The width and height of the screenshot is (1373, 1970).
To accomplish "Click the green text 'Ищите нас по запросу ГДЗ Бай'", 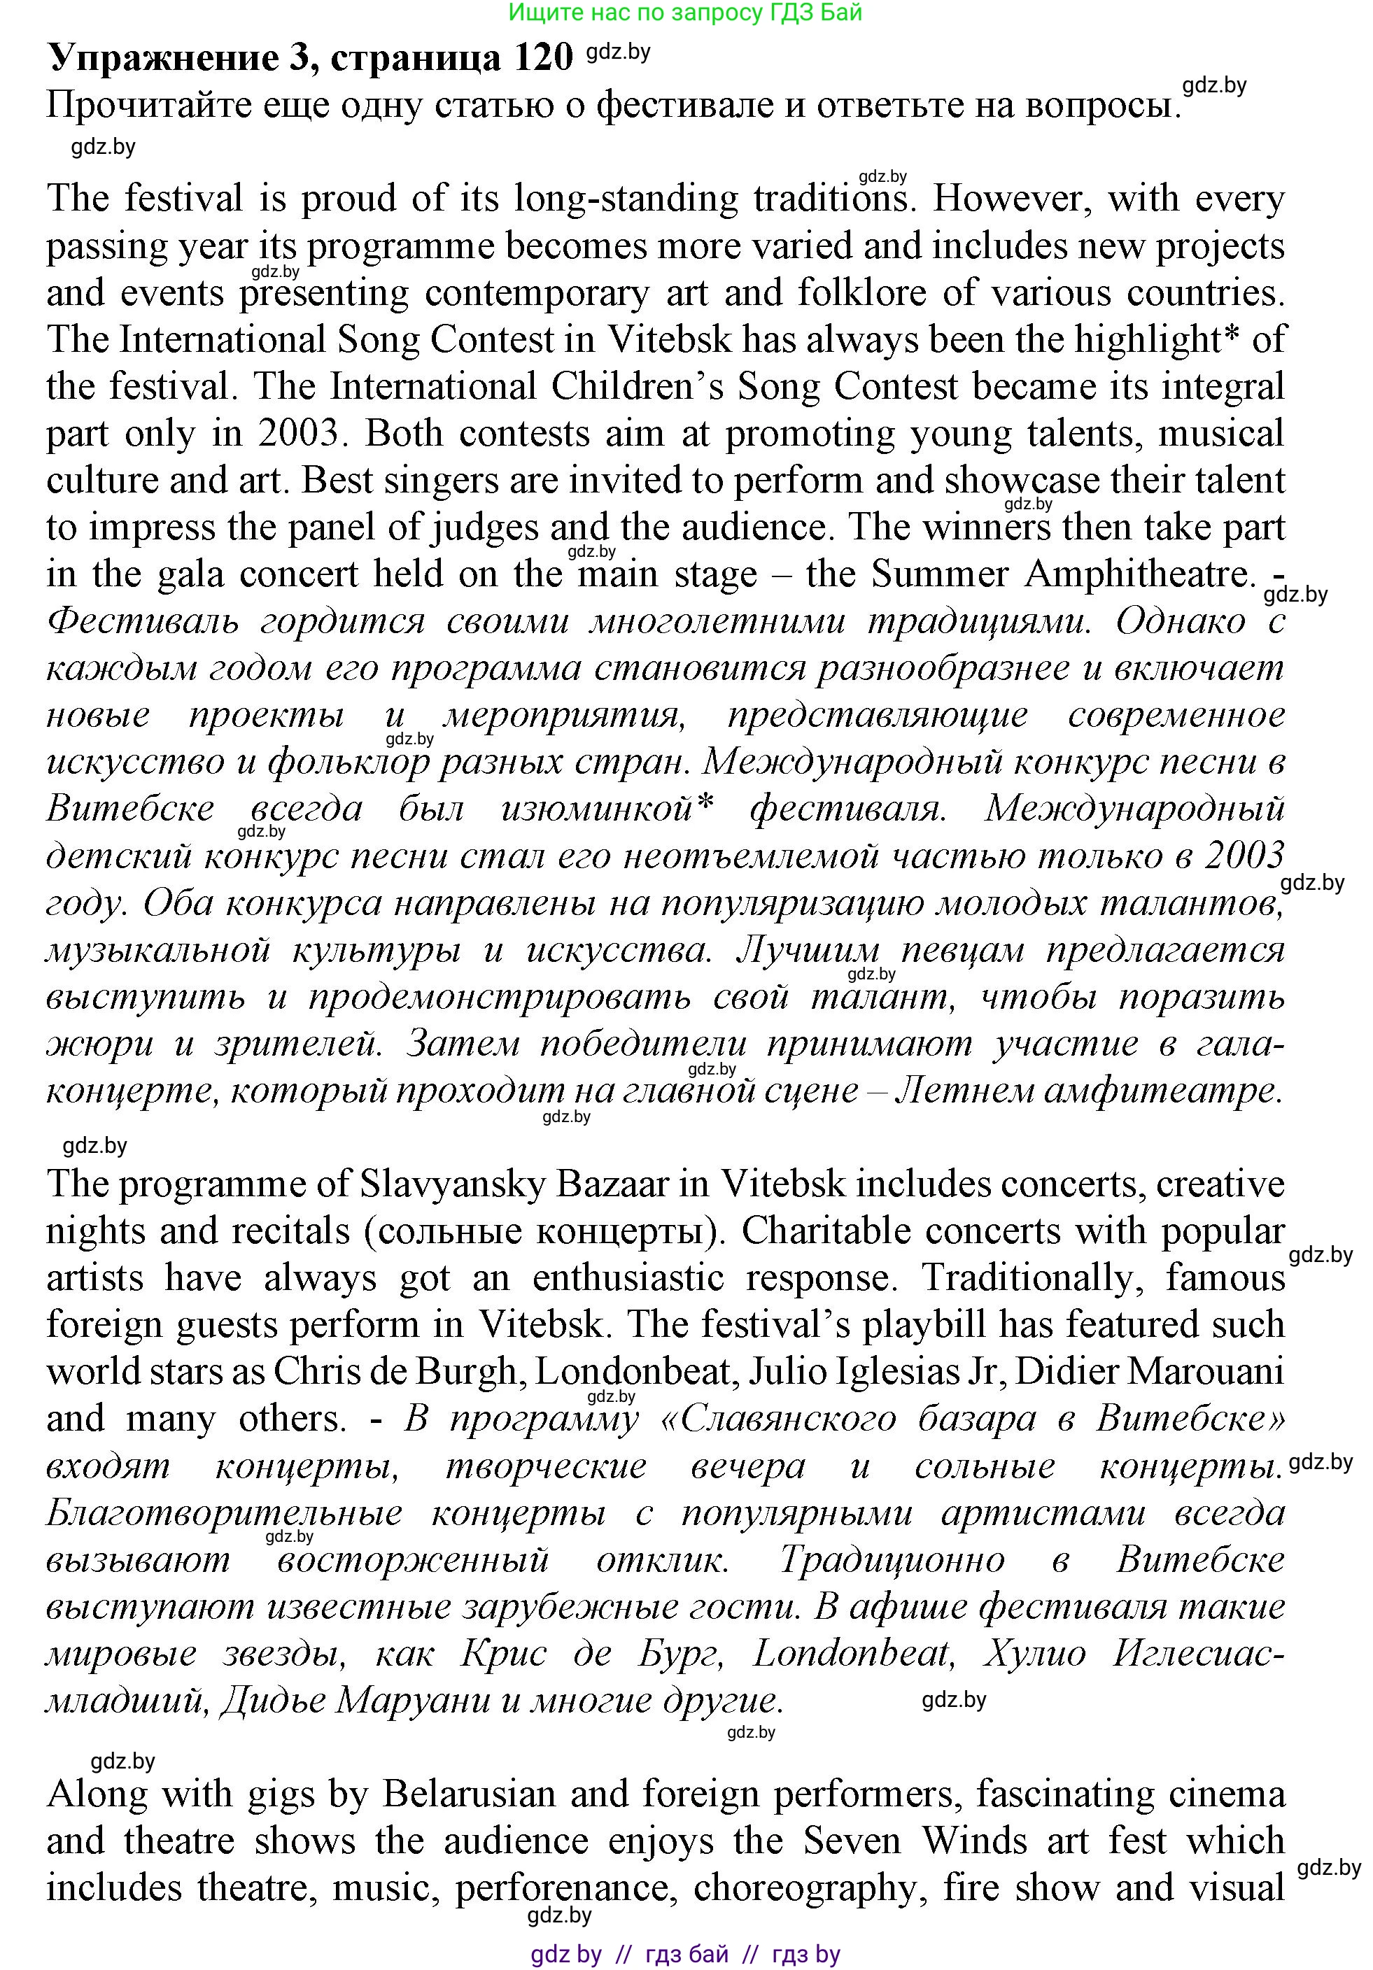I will tap(685, 12).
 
